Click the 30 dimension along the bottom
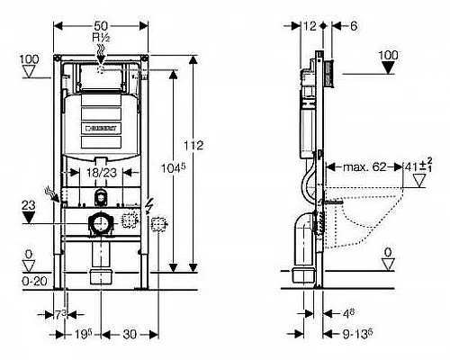(130, 332)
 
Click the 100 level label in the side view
(388, 55)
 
